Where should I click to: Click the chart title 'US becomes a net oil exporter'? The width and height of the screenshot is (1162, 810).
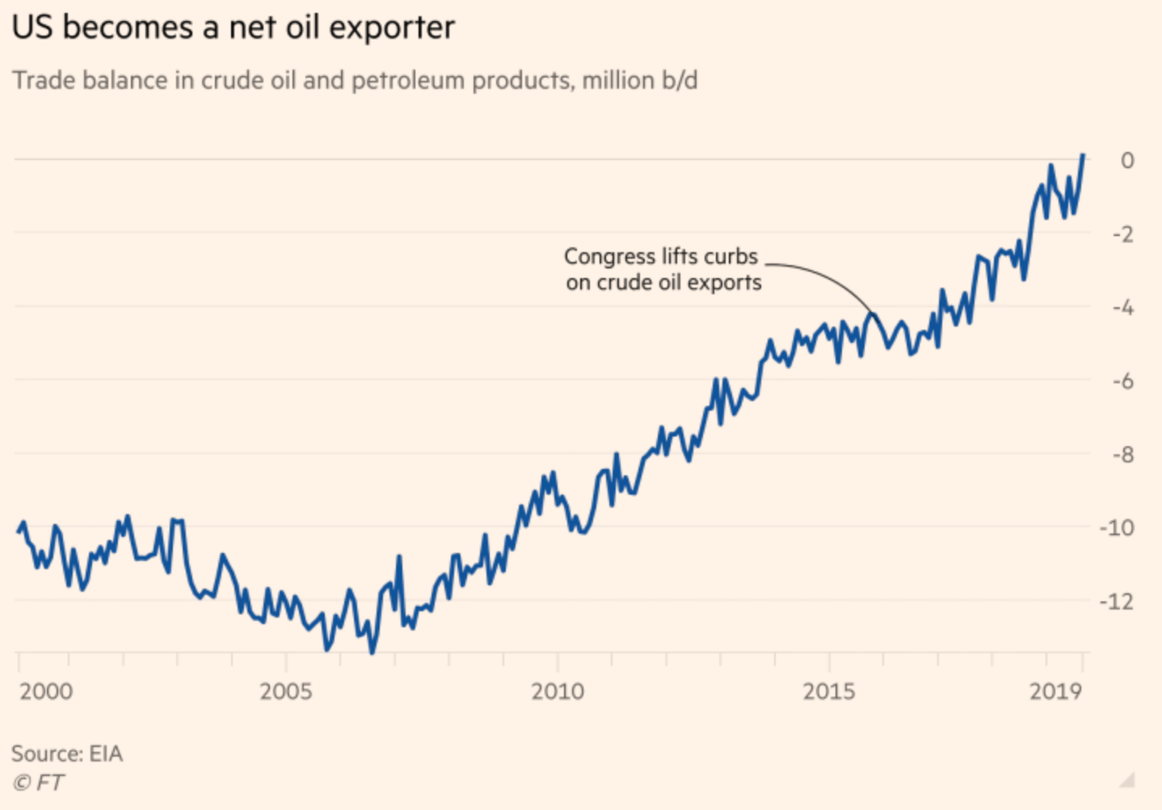[x=234, y=28]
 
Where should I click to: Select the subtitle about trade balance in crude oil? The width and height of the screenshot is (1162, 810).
[x=355, y=81]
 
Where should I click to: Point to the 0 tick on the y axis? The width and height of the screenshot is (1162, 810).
[x=1126, y=160]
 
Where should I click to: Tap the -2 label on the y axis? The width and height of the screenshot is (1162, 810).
[x=1122, y=234]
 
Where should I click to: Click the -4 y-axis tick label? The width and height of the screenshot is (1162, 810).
[x=1122, y=308]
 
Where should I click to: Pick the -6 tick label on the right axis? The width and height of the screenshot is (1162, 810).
[x=1122, y=381]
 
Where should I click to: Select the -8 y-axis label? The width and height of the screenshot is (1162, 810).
[x=1122, y=454]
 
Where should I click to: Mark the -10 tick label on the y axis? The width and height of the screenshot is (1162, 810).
[x=1117, y=528]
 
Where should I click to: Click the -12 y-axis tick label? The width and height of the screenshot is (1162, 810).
[x=1117, y=601]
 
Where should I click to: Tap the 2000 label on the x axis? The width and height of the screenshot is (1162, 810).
[x=46, y=691]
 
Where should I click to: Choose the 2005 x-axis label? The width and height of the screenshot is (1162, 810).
[x=285, y=691]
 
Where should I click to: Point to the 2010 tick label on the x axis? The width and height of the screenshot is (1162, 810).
[x=557, y=691]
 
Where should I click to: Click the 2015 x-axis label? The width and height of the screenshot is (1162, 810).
[x=828, y=691]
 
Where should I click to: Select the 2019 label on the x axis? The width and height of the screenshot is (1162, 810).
[x=1055, y=691]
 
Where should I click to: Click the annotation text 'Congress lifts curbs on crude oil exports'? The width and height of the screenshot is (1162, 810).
[x=663, y=269]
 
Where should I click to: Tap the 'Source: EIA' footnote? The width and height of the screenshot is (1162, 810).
[x=67, y=753]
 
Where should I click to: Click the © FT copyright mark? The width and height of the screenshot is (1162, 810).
[x=38, y=783]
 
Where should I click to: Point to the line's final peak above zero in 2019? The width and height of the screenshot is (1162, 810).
[x=1083, y=154]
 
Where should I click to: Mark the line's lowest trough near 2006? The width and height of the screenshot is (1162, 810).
[x=373, y=652]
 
